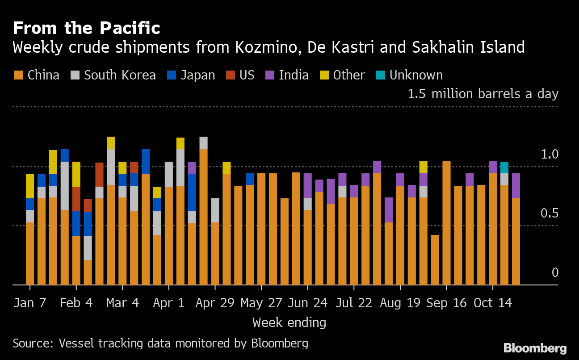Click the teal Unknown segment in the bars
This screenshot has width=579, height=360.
coord(504,167)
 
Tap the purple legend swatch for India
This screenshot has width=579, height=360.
coord(270,75)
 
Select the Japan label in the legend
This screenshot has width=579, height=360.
coord(198,75)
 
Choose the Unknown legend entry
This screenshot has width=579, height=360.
coord(409,75)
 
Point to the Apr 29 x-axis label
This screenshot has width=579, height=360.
coord(215,303)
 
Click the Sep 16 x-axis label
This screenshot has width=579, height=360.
coord(446,303)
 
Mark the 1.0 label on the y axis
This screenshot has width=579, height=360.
coord(550,154)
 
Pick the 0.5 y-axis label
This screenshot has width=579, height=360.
coord(550,213)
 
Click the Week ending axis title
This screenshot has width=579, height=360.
coord(289,323)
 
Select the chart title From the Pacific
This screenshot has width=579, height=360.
coord(86,28)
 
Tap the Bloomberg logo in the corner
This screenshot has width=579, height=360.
coord(535,348)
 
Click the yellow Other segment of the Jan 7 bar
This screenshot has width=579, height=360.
coord(30,186)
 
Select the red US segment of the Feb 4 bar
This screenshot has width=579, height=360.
coord(76,199)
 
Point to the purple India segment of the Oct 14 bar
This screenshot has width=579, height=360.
coord(493,167)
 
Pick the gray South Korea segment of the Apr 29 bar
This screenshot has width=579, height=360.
coord(215,210)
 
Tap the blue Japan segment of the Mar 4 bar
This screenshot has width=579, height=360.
coord(122,180)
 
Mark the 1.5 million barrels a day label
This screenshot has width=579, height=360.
coord(483,94)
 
